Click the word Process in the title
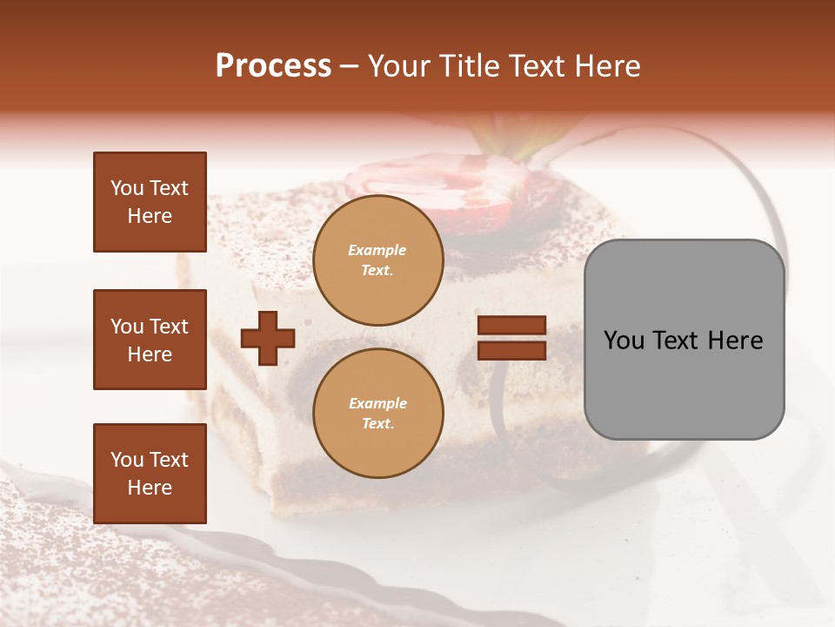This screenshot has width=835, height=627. point(273,66)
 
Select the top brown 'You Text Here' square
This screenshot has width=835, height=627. point(150,202)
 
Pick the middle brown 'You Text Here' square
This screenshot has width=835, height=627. point(150,340)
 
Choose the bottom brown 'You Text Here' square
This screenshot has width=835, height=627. point(150,474)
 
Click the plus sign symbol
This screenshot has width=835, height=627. point(268,339)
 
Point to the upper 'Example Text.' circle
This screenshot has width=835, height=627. point(377,260)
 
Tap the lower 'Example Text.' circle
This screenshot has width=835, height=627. point(377,413)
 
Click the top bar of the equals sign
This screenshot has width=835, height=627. point(512,326)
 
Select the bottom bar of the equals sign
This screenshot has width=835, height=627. point(512,350)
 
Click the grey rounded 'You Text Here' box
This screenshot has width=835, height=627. point(684,340)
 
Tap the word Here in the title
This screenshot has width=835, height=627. point(605,66)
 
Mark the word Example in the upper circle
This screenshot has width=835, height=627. point(377,250)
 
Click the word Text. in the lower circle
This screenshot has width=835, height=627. point(377,423)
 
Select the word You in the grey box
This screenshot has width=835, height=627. point(624,340)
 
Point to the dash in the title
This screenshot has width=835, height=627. point(350,67)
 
